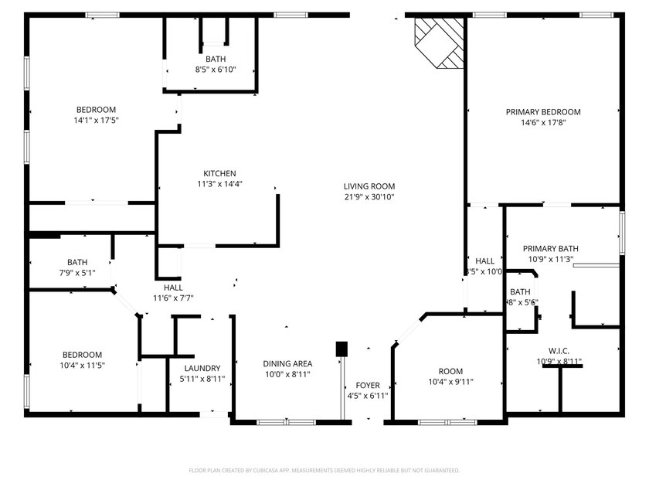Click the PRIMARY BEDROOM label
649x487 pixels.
[x=543, y=112]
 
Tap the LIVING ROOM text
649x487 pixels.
[x=369, y=186]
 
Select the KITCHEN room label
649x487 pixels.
[x=219, y=173]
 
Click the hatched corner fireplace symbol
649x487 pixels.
[x=439, y=42]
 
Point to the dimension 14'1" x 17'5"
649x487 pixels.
[x=96, y=121]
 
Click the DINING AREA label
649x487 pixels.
[x=287, y=364]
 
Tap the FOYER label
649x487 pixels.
[x=368, y=385]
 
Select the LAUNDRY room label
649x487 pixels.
[x=202, y=369]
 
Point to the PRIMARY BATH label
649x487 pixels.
[x=551, y=249]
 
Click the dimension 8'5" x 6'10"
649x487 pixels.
[x=216, y=70]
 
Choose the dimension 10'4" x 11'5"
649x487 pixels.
[x=82, y=365]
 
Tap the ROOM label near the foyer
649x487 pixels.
[x=450, y=372]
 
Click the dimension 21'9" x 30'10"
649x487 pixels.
[x=369, y=197]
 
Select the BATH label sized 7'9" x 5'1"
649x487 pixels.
[x=77, y=262]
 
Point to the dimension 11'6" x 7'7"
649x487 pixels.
[x=173, y=298]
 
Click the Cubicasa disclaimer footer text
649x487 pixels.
[x=324, y=470]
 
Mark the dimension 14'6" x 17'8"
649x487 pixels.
[x=543, y=122]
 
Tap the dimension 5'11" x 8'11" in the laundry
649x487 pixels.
[x=202, y=379]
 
